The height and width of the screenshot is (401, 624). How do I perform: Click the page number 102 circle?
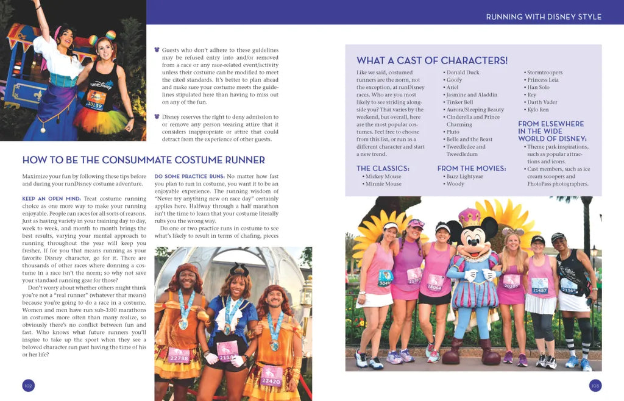pyautogui.click(x=28, y=385)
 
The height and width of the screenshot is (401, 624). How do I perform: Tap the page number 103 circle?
pyautogui.click(x=595, y=385)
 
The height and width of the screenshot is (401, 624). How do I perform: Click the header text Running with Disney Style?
pyautogui.click(x=544, y=16)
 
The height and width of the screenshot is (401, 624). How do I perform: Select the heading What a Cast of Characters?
pyautogui.click(x=431, y=60)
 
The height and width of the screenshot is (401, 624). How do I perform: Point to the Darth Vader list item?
pyautogui.click(x=542, y=102)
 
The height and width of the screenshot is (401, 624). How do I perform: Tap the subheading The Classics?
pyautogui.click(x=383, y=168)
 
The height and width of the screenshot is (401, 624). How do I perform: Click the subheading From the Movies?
pyautogui.click(x=471, y=168)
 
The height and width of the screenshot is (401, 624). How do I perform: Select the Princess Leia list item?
pyautogui.click(x=542, y=80)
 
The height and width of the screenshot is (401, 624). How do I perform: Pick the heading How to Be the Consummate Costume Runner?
pyautogui.click(x=143, y=160)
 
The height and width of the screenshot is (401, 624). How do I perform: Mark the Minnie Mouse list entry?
pyautogui.click(x=383, y=184)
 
